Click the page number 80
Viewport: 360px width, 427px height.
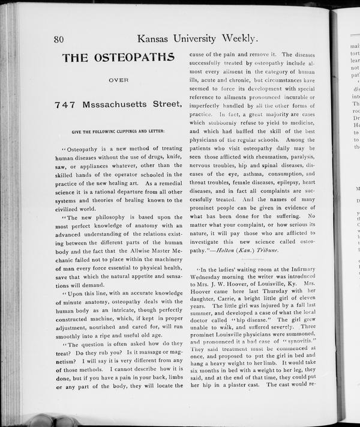tap(59, 40)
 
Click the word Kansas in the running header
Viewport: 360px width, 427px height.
tap(157, 38)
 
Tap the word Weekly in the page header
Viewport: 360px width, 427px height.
tap(238, 38)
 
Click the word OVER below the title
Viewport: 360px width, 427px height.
tap(119, 79)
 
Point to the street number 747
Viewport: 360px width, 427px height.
tap(64, 104)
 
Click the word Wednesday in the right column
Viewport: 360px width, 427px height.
tap(208, 280)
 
